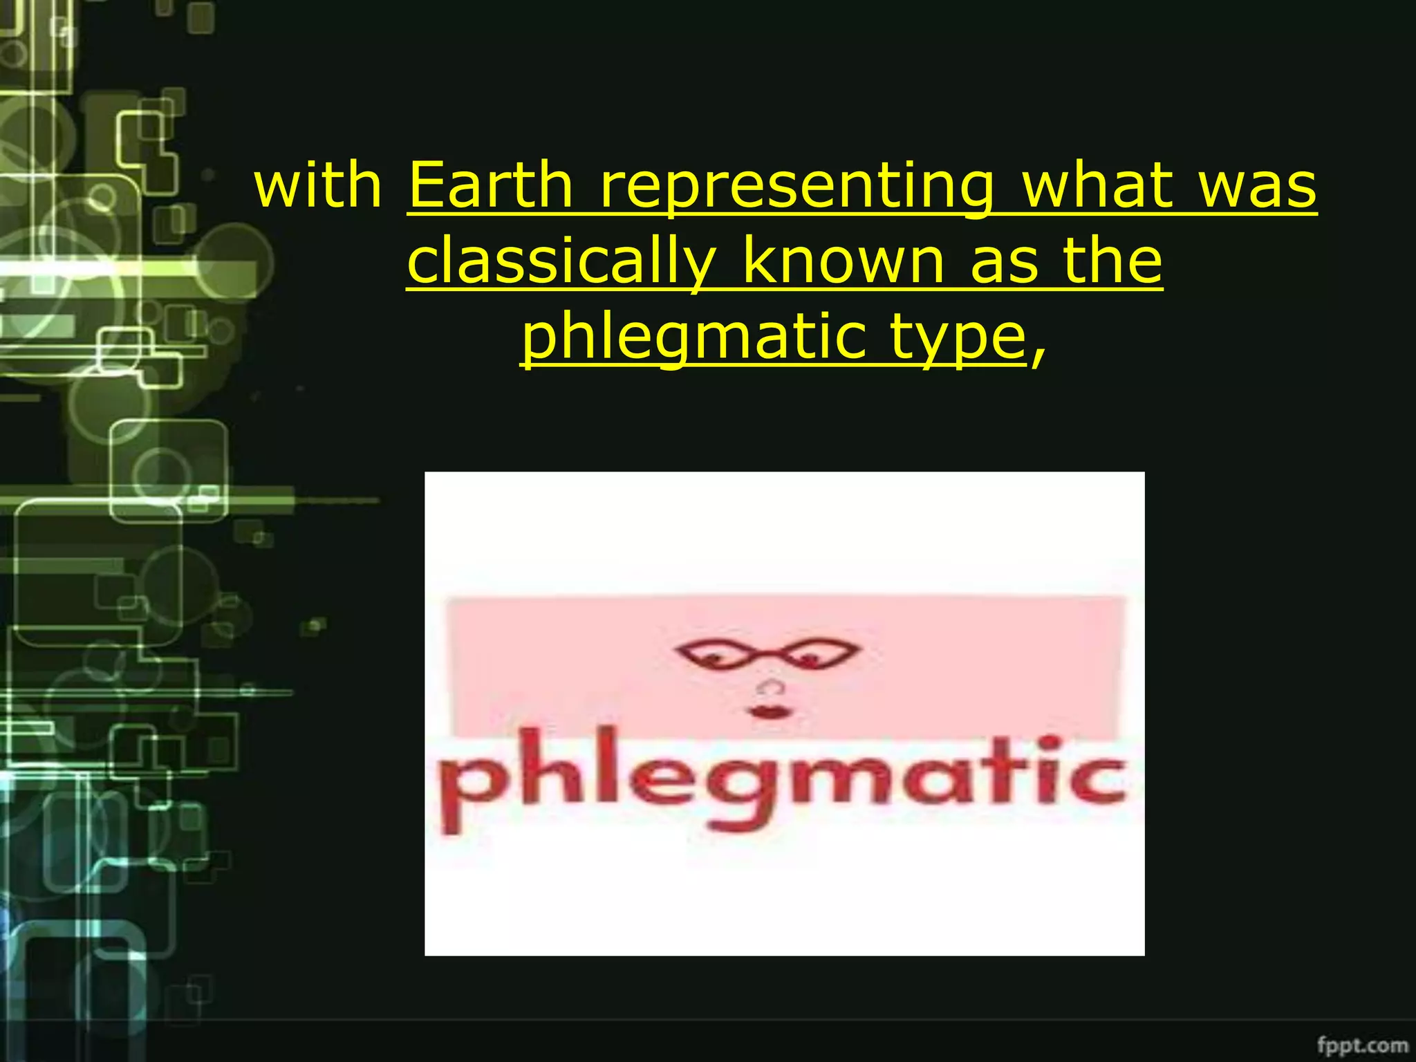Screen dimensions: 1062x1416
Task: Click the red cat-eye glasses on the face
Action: click(767, 653)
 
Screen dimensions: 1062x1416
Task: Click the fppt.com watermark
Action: click(1361, 1044)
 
